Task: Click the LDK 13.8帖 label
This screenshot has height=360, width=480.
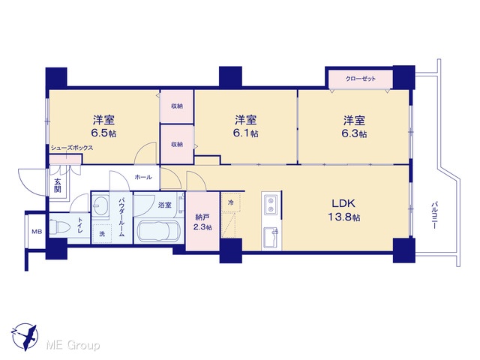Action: click(343, 210)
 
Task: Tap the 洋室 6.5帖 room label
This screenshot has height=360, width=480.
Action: click(104, 127)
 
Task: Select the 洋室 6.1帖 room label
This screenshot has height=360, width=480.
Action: click(246, 127)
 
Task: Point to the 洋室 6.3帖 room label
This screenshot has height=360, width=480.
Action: click(354, 127)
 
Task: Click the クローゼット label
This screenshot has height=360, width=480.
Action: click(361, 79)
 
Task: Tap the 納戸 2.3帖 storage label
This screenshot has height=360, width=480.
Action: click(202, 222)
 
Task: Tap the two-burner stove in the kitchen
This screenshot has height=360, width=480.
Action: click(271, 205)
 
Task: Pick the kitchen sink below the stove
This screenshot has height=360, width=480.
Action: click(271, 237)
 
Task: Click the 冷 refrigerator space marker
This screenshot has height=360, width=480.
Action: click(231, 202)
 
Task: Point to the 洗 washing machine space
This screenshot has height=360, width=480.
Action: click(102, 233)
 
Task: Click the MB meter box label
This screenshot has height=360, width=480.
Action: click(37, 232)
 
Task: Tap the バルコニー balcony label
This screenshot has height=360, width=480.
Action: click(433, 215)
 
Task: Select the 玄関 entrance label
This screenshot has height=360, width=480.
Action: click(58, 185)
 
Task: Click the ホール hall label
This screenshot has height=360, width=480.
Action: click(143, 177)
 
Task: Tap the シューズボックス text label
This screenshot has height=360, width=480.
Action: click(72, 148)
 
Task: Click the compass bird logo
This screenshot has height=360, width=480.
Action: click(25, 337)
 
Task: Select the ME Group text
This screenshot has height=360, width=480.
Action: click(73, 345)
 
